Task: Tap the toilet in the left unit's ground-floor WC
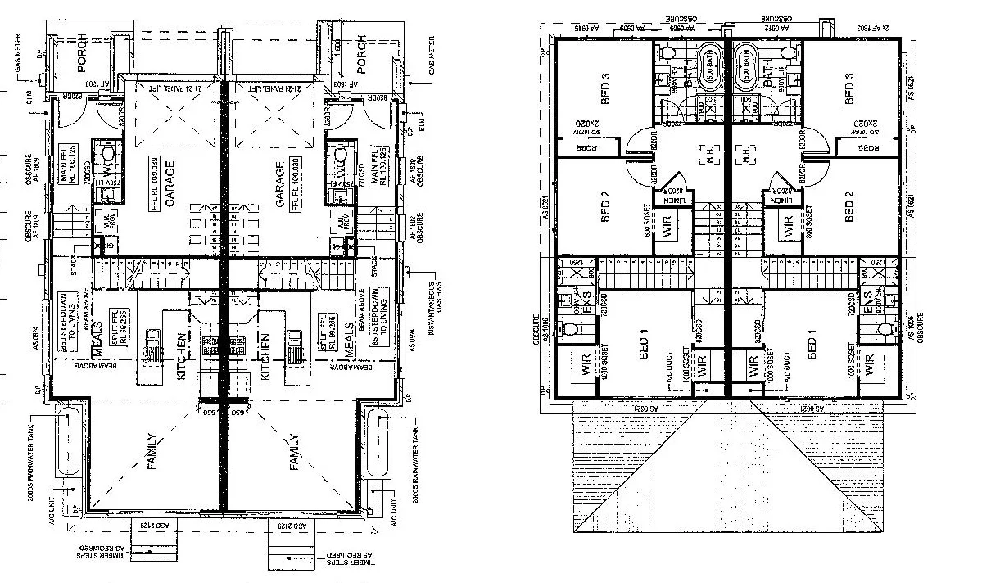click(105, 155)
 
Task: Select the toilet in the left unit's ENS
click(571, 327)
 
